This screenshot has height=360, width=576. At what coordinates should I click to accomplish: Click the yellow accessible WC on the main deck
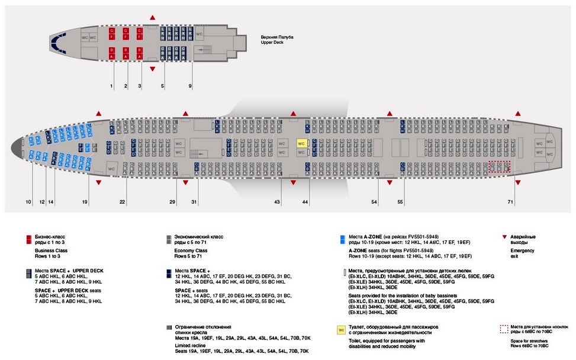(x=301, y=144)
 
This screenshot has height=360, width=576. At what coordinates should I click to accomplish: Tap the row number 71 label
(x=510, y=202)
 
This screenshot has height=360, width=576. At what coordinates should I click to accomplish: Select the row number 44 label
(x=305, y=202)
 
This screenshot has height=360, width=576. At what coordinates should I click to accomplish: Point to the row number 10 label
(x=28, y=202)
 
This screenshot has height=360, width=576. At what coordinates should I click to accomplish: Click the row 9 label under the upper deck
(x=190, y=87)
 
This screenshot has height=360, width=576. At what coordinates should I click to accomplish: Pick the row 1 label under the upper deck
(x=111, y=87)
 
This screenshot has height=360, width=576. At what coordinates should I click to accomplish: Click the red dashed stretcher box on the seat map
(x=499, y=166)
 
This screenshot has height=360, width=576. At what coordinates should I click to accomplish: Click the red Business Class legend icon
(x=27, y=240)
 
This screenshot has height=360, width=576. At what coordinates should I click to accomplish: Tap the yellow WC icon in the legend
(x=341, y=330)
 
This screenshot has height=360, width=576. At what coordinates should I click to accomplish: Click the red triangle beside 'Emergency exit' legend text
(x=504, y=236)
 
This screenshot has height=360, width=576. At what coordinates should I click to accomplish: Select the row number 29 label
(x=172, y=202)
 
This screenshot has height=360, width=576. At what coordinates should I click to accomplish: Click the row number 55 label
(x=400, y=202)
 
